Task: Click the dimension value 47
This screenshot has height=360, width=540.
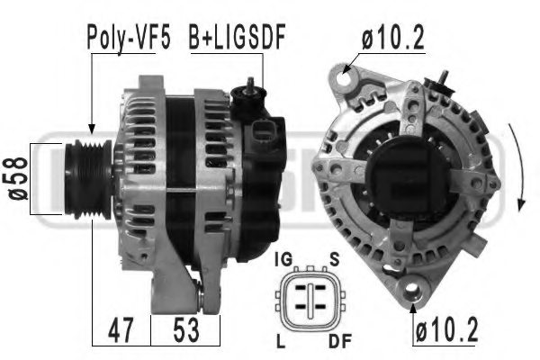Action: pyautogui.click(x=120, y=329)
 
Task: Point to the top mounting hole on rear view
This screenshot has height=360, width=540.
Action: pyautogui.click(x=341, y=76)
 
